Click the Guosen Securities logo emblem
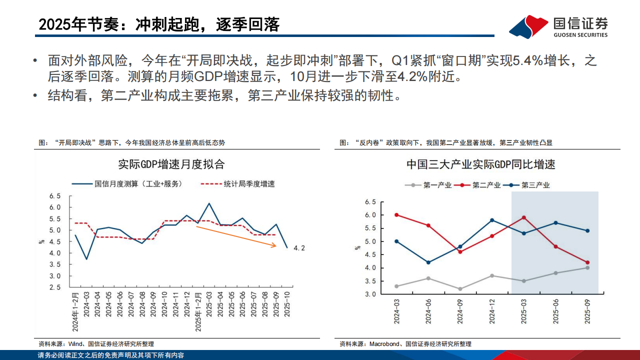tap(528, 26)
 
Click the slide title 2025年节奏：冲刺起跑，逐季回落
tap(159, 24)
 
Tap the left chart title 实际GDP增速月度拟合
tap(171, 163)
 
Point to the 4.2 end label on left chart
tap(298, 247)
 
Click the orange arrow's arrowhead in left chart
tap(274, 245)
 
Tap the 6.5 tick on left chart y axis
tap(55, 195)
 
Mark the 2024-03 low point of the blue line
tap(86, 259)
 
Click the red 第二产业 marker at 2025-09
tap(587, 262)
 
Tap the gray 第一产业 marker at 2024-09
tap(460, 288)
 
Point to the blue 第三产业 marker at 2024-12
tap(492, 220)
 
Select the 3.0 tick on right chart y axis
tap(370, 294)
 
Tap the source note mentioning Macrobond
tap(405, 344)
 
